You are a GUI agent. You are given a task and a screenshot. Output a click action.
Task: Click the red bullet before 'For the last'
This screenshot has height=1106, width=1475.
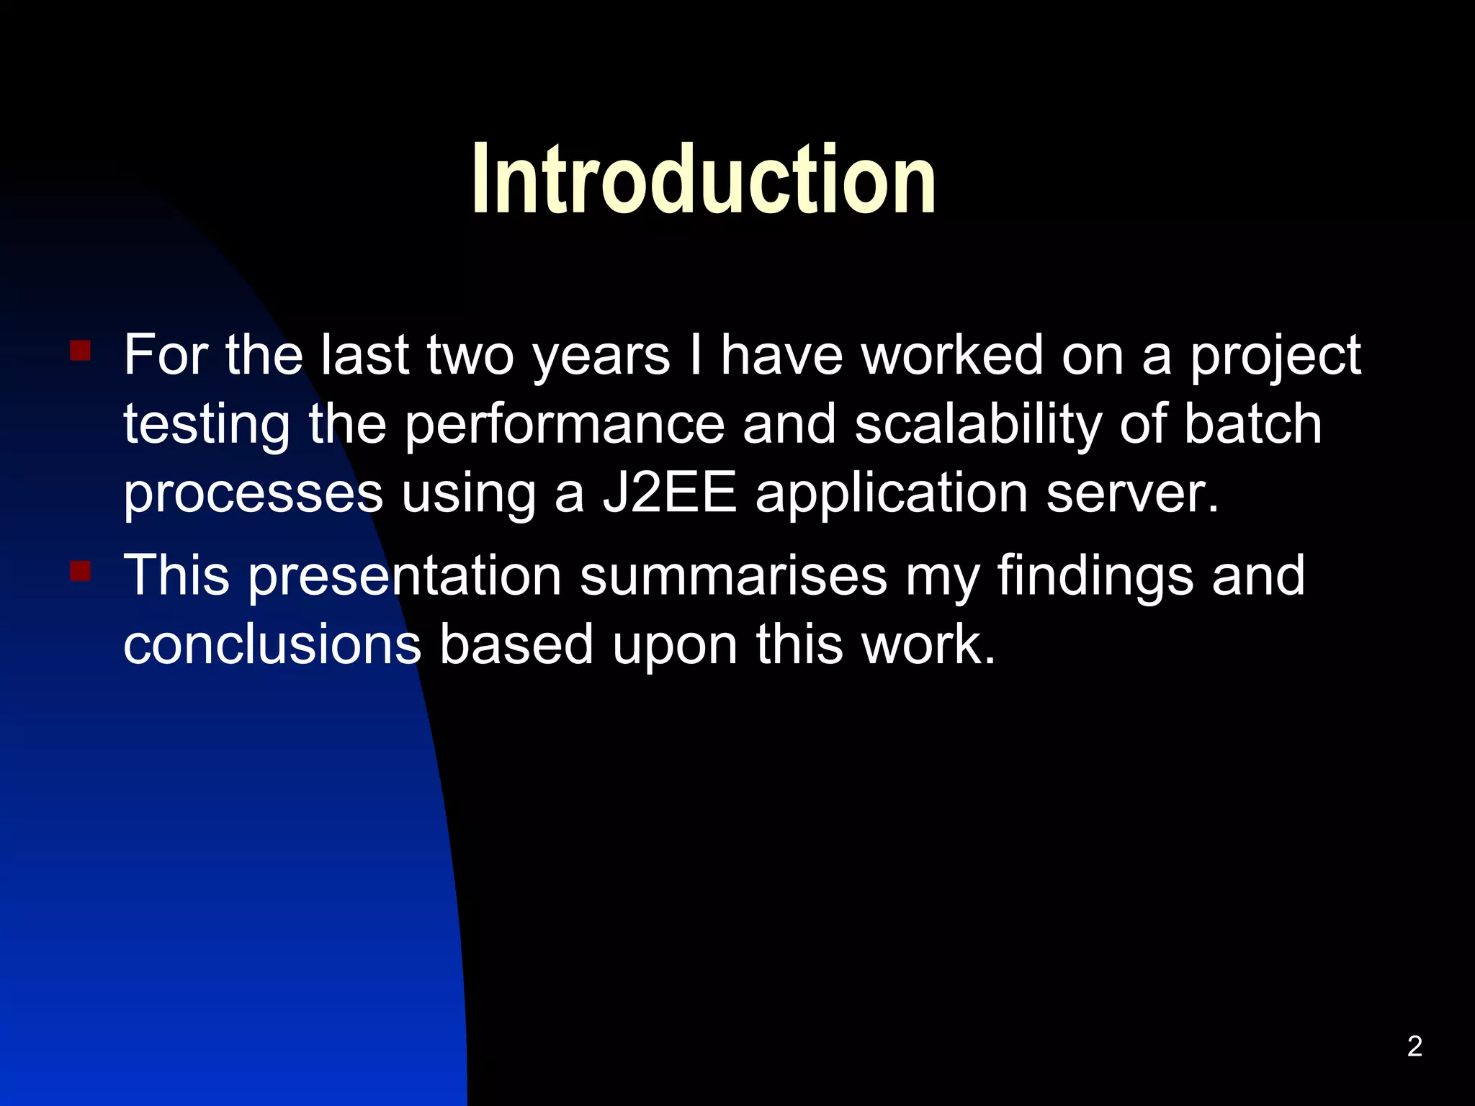pyautogui.click(x=80, y=351)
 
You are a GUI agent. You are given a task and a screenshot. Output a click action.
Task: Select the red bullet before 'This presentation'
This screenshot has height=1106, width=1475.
pyautogui.click(x=80, y=571)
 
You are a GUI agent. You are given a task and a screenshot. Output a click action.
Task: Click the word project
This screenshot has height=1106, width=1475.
pyautogui.click(x=1275, y=356)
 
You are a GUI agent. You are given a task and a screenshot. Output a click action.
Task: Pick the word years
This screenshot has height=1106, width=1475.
pyautogui.click(x=601, y=356)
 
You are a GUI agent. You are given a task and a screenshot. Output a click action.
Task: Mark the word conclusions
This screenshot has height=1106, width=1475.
pyautogui.click(x=272, y=644)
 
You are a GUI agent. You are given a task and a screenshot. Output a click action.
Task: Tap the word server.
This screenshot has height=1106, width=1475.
pyautogui.click(x=1132, y=495)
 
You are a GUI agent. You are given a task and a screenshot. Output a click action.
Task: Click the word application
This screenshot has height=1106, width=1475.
pyautogui.click(x=891, y=495)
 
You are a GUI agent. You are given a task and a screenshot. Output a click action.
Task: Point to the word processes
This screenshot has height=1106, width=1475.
pyautogui.click(x=253, y=495)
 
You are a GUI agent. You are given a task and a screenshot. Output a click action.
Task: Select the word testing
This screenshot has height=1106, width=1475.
pyautogui.click(x=207, y=425)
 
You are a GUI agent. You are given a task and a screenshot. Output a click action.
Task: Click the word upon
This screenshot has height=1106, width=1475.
pyautogui.click(x=675, y=646)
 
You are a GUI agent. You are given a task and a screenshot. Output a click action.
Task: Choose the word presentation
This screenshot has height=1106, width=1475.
pyautogui.click(x=405, y=576)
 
